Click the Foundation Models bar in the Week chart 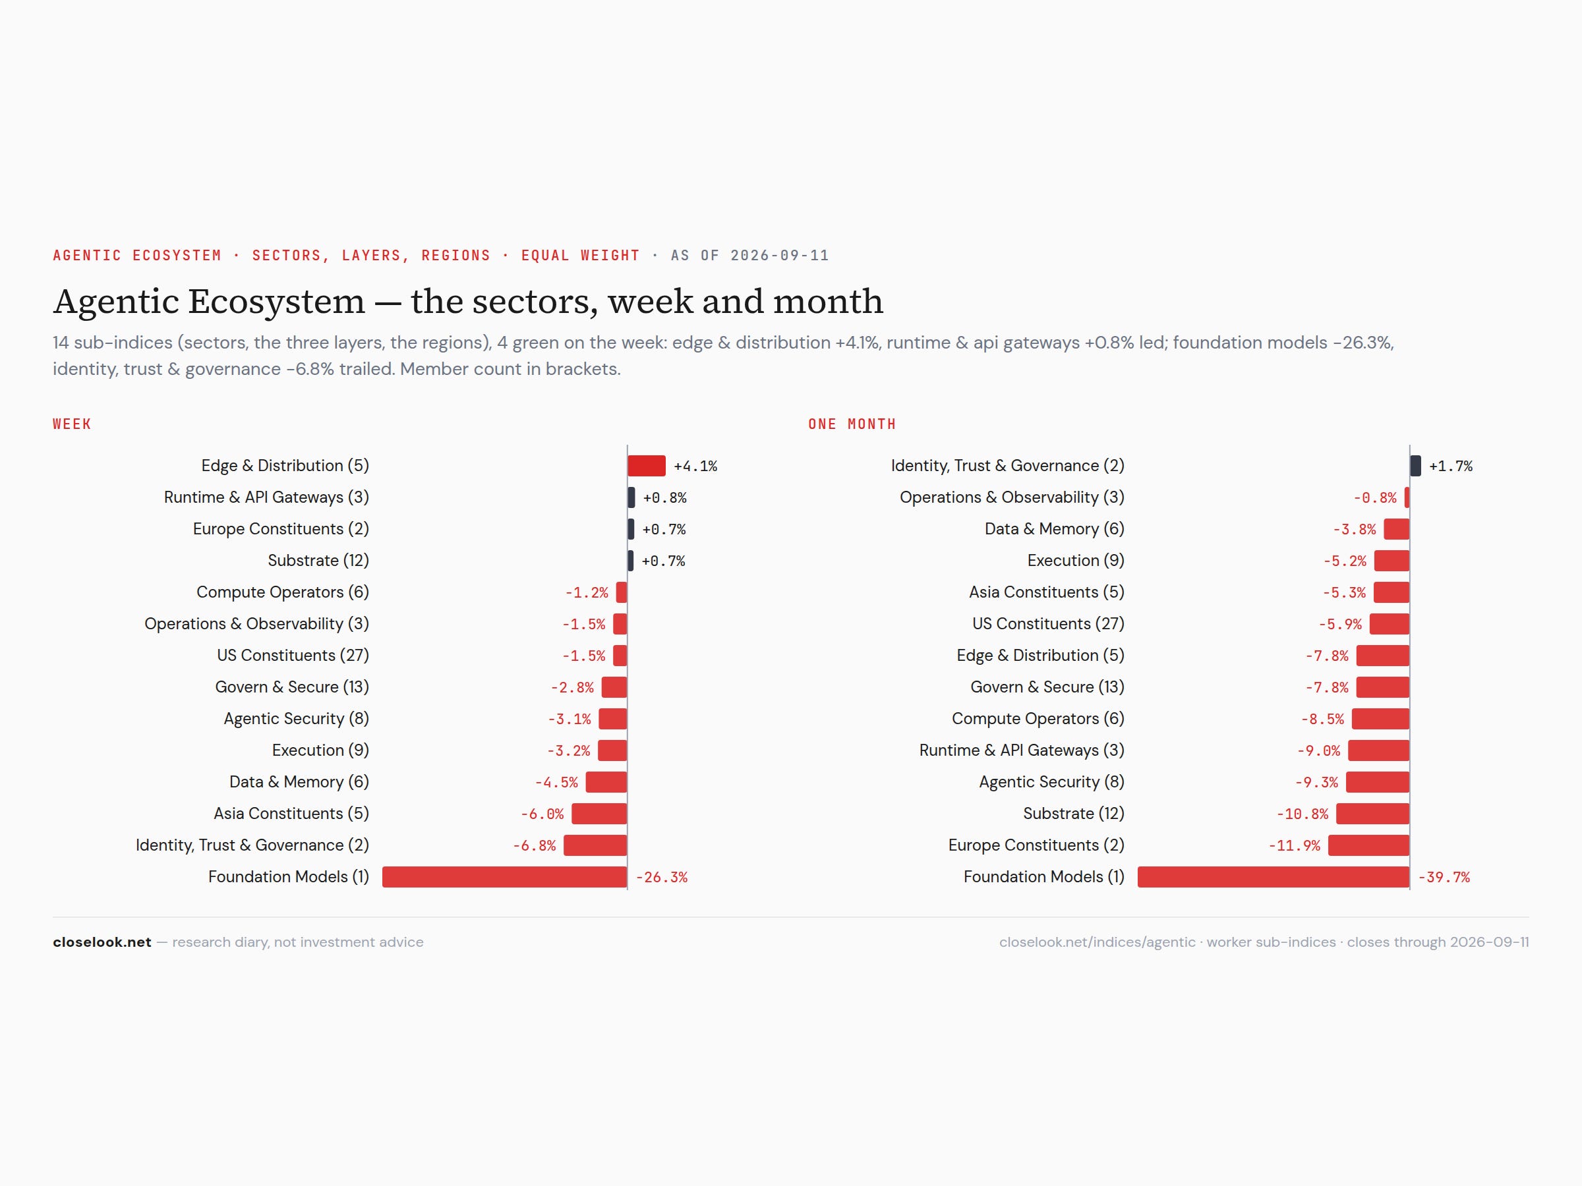(x=504, y=877)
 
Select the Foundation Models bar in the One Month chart (x=1273, y=877)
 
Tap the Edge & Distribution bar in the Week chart (x=647, y=466)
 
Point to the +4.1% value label (x=695, y=466)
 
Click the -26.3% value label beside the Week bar (x=662, y=877)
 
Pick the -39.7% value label (x=1444, y=877)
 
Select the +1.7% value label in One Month (x=1450, y=466)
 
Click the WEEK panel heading (x=73, y=424)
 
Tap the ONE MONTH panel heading (x=852, y=424)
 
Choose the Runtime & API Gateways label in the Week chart (x=266, y=497)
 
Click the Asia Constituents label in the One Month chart (x=1046, y=592)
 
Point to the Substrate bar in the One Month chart (x=1372, y=814)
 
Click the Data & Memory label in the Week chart (x=299, y=782)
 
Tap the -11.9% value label (x=1294, y=846)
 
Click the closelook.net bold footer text (x=102, y=942)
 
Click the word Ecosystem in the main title (x=276, y=302)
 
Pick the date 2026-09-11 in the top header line (x=780, y=256)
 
